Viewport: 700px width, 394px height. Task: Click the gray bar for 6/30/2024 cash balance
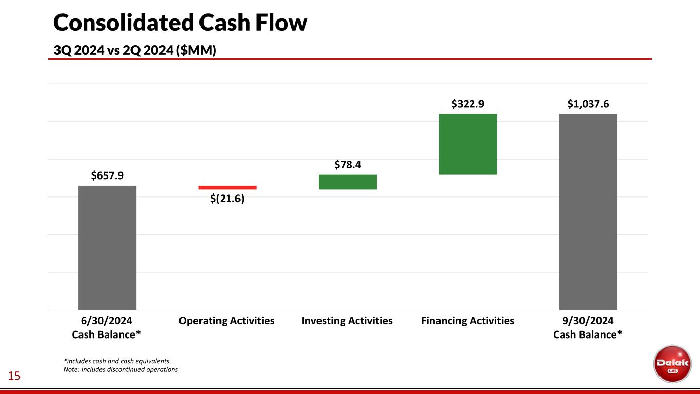[107, 248]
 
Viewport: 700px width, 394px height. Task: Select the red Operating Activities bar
[228, 188]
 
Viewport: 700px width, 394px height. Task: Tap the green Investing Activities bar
[348, 182]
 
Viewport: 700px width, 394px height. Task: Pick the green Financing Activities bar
[468, 144]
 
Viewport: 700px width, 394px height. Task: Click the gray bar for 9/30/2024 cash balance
[588, 212]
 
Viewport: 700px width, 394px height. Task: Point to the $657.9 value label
[107, 175]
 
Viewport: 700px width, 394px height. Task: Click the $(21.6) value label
[227, 199]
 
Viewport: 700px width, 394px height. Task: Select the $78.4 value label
[348, 165]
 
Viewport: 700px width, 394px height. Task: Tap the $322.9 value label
[468, 104]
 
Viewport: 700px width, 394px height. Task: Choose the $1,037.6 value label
[588, 104]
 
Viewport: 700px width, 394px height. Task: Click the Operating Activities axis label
[227, 321]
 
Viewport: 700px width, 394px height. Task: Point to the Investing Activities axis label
[347, 321]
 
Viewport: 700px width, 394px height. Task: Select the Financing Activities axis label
[468, 321]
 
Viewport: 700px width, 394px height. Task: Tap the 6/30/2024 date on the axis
[106, 321]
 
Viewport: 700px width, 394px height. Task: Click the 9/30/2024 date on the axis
[588, 321]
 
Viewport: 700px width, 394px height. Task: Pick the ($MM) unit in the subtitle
[196, 50]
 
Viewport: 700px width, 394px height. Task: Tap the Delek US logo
[672, 364]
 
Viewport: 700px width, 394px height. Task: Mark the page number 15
[14, 376]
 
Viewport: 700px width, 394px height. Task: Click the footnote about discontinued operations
[121, 369]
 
